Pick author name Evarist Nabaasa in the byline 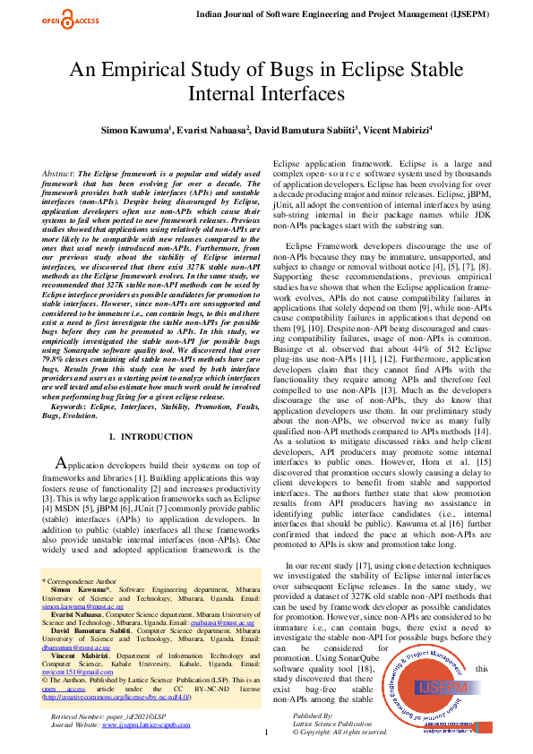pos(212,131)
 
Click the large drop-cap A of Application pos(61,463)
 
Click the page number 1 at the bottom pos(266,733)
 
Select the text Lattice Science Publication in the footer pos(333,725)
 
